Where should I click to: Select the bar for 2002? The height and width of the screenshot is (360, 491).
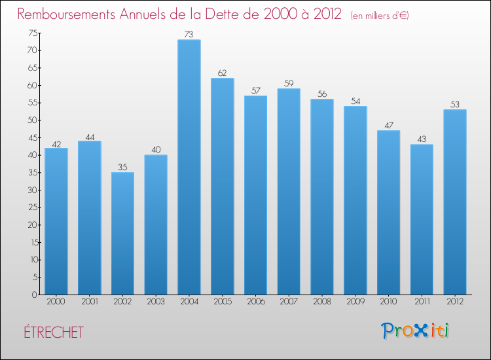pos(122,234)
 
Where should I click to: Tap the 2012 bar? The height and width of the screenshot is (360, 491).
pos(455,202)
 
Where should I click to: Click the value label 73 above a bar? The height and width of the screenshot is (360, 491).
pos(189,35)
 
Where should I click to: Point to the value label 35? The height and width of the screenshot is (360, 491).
pos(122,168)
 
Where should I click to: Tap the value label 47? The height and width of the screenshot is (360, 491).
pos(388,126)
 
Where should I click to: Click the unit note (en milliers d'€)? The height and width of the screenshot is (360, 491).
pos(380,15)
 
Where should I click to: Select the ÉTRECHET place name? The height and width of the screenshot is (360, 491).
pos(51,333)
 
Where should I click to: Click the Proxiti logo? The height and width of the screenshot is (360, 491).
pos(416,331)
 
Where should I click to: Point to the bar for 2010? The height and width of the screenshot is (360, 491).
pos(388,213)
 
